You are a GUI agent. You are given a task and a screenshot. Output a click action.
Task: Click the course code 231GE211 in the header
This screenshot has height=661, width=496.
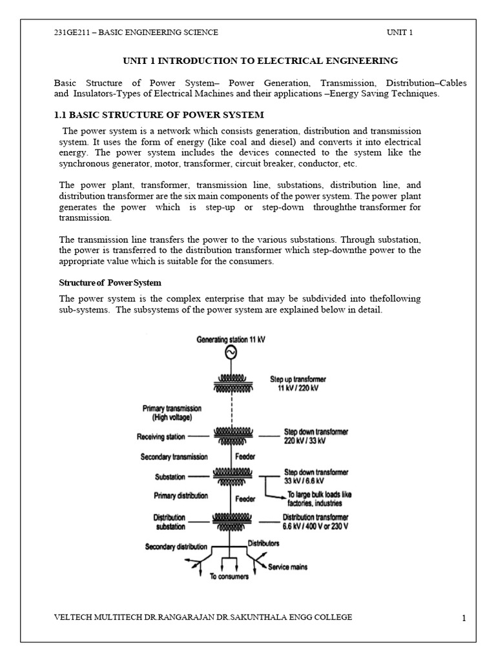(x=70, y=32)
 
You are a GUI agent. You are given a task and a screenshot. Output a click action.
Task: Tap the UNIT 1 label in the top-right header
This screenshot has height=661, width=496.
(x=400, y=32)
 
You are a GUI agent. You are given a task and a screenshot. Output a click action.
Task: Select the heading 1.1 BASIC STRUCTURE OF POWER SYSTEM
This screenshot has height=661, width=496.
(x=158, y=115)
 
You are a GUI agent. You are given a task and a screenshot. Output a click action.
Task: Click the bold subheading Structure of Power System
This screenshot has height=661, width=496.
(x=110, y=283)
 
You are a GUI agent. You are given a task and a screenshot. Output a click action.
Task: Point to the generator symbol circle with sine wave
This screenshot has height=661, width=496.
(x=230, y=352)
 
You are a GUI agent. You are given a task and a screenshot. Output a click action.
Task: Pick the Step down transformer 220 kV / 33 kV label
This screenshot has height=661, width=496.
(x=316, y=436)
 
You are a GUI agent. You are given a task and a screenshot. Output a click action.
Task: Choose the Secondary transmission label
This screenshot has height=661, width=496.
(x=174, y=457)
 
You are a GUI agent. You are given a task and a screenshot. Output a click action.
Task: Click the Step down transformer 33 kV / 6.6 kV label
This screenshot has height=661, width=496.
(x=316, y=477)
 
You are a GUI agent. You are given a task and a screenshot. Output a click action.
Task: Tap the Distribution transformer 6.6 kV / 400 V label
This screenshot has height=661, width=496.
(x=316, y=522)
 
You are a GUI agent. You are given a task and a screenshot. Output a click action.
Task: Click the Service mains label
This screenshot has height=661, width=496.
(x=288, y=567)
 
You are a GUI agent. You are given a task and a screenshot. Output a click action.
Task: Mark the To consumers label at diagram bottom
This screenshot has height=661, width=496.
(x=230, y=576)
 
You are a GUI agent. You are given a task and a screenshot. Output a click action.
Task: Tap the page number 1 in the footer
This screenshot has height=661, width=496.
(x=464, y=619)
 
